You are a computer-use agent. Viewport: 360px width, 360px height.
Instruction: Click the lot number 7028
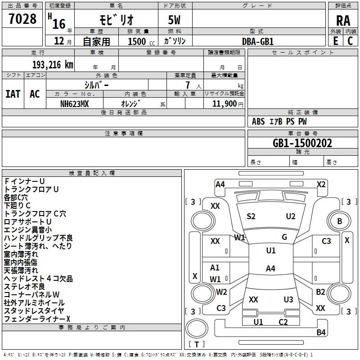tap(22, 19)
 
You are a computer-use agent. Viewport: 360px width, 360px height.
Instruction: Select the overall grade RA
tap(343, 21)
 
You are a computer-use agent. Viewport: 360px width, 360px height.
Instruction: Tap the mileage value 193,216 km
tap(53, 65)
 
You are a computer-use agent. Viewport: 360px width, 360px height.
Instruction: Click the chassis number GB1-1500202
tap(302, 143)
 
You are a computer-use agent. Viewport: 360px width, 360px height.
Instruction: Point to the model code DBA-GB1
tap(258, 41)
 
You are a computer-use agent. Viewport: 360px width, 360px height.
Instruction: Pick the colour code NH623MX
tap(74, 104)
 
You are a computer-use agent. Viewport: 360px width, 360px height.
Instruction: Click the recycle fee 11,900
tap(225, 104)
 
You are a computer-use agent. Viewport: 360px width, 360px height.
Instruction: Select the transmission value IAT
tap(13, 94)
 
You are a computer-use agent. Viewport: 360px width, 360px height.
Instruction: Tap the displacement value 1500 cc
tap(141, 41)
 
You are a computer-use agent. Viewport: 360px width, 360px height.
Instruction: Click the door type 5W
tap(174, 20)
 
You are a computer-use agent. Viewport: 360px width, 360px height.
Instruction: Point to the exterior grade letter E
tap(336, 41)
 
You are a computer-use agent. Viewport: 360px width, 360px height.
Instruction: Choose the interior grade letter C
tap(350, 41)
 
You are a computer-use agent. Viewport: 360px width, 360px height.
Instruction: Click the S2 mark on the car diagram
tap(251, 216)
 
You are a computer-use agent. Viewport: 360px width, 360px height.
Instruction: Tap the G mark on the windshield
tap(284, 237)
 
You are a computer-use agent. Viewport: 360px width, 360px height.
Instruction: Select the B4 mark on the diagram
tap(321, 332)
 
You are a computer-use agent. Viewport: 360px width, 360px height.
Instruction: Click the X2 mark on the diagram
tap(321, 184)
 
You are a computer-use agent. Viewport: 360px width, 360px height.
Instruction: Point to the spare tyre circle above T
tap(197, 328)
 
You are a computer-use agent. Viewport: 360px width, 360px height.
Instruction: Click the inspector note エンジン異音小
tap(28, 230)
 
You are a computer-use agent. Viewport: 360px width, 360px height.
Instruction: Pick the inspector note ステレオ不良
tap(24, 287)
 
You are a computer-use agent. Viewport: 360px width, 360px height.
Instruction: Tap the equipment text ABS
tap(258, 121)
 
